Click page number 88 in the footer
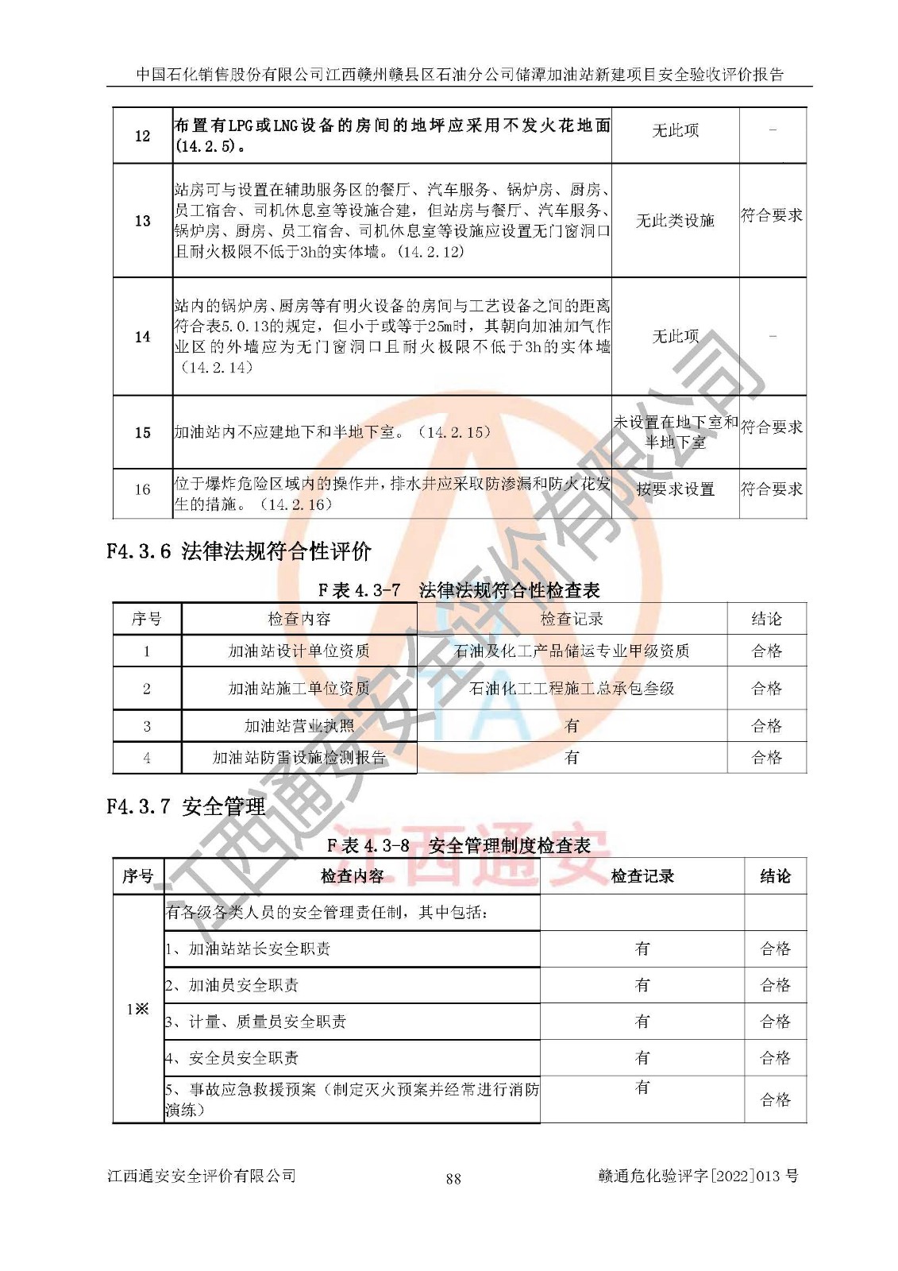pyautogui.click(x=453, y=1179)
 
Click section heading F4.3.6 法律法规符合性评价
pyautogui.click(x=239, y=551)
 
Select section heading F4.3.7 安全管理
pyautogui.click(x=186, y=807)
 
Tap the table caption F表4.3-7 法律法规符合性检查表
pyautogui.click(x=458, y=590)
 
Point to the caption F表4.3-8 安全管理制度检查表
pyautogui.click(x=458, y=846)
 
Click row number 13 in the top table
pyautogui.click(x=142, y=221)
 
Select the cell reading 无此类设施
pyautogui.click(x=675, y=221)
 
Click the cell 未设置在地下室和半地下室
pyautogui.click(x=675, y=432)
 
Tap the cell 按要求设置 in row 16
pyautogui.click(x=675, y=489)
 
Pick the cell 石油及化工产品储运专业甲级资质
pyautogui.click(x=572, y=651)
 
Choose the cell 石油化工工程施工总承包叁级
pyautogui.click(x=572, y=689)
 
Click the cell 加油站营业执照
pyautogui.click(x=299, y=726)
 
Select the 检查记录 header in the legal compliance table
pyautogui.click(x=572, y=619)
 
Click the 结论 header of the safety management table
pyautogui.click(x=775, y=876)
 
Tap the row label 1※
pyautogui.click(x=137, y=1009)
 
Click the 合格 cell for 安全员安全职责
pyautogui.click(x=775, y=1058)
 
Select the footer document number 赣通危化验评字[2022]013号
pyautogui.click(x=698, y=1176)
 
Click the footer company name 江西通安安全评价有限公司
pyautogui.click(x=202, y=1176)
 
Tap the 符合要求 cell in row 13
pyautogui.click(x=772, y=215)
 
